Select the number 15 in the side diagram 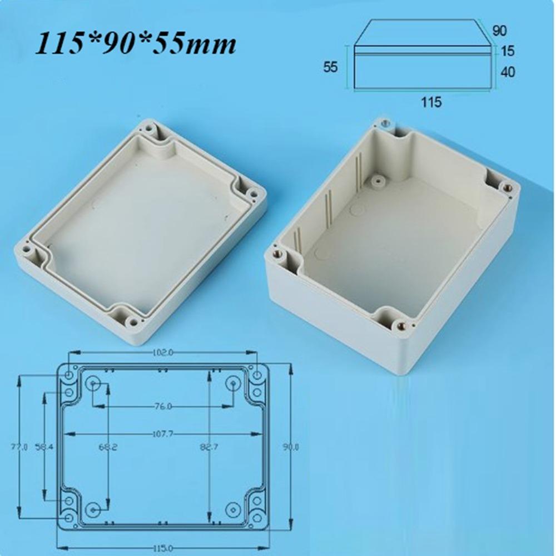click(507, 51)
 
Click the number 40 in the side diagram click(507, 72)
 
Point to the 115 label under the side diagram click(431, 102)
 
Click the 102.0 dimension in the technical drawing click(162, 352)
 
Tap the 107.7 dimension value click(162, 434)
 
